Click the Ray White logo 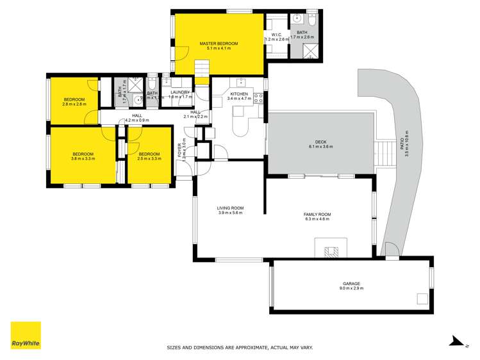tap(26, 336)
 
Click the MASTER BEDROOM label tap(218, 44)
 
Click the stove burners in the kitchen tap(259, 98)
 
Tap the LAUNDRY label tap(179, 92)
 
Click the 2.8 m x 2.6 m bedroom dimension tap(74, 104)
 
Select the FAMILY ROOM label tap(317, 214)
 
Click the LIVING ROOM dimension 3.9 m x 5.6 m tap(231, 212)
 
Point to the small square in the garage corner tap(422, 298)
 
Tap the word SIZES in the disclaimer tap(174, 348)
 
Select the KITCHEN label tap(238, 94)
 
